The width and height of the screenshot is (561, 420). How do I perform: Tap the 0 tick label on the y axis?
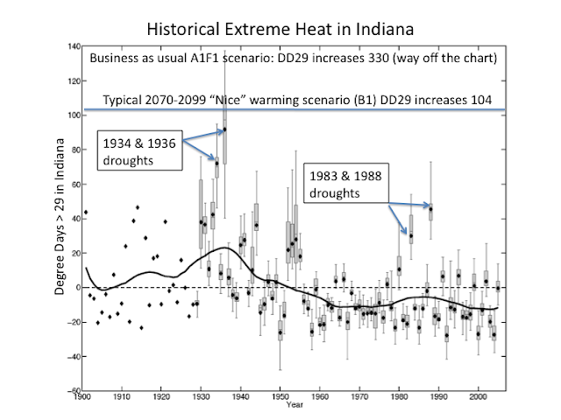[78, 287]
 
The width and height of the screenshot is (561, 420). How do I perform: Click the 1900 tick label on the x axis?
[82, 399]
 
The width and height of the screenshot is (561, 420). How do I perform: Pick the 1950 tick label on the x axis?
[280, 399]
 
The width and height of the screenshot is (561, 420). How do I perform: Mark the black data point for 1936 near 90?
[224, 130]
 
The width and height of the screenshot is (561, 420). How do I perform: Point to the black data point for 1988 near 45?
[430, 207]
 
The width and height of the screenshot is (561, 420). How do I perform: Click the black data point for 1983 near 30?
[410, 235]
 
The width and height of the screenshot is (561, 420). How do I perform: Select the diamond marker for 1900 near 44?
[86, 212]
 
